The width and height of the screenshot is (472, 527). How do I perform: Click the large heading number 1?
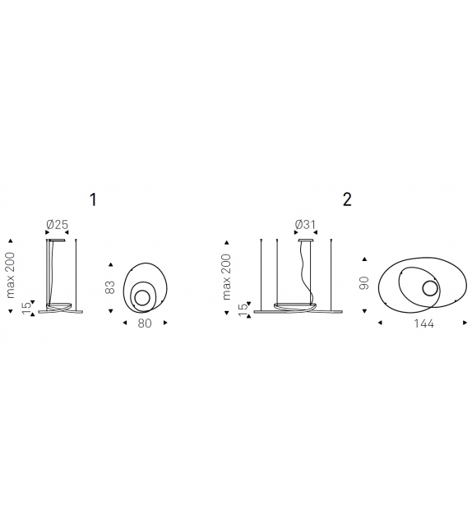93,199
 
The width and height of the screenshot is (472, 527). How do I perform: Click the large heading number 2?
347,199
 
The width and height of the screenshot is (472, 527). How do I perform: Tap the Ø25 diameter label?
58,225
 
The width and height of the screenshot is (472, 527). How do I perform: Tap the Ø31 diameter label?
306,225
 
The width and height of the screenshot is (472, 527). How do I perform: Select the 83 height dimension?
110,287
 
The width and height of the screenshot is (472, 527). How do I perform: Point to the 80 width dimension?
145,323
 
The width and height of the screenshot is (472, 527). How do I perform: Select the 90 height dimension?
364,283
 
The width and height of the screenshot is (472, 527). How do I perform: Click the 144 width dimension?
423,323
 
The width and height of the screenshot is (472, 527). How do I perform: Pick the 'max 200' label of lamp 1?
11,275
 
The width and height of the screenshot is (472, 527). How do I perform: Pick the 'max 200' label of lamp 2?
226,277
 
